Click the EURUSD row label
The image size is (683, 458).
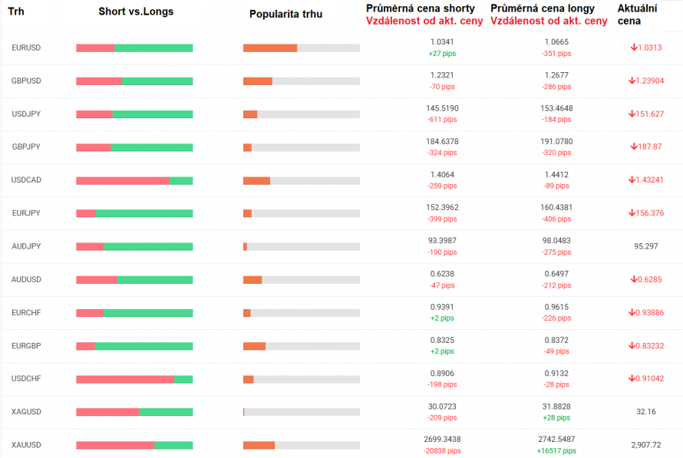click(26, 48)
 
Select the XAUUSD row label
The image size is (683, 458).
click(26, 445)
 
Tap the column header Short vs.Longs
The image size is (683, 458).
click(136, 12)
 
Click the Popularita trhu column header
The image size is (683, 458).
click(286, 14)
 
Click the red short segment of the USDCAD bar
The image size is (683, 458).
click(123, 180)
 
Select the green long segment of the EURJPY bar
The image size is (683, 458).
click(144, 213)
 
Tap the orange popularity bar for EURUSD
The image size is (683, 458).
click(269, 48)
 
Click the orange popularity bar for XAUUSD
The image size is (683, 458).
click(259, 445)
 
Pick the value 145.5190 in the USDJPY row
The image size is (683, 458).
click(442, 108)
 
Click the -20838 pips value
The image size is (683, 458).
click(442, 451)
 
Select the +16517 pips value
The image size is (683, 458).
click(556, 451)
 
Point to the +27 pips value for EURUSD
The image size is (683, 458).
click(442, 54)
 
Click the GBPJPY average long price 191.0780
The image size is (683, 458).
click(556, 141)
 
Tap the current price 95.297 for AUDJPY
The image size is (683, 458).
click(645, 246)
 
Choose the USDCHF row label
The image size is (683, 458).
click(26, 379)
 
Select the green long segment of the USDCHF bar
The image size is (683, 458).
click(183, 379)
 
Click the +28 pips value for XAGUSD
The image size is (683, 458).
click(556, 418)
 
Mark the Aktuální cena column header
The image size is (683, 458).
click(638, 14)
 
